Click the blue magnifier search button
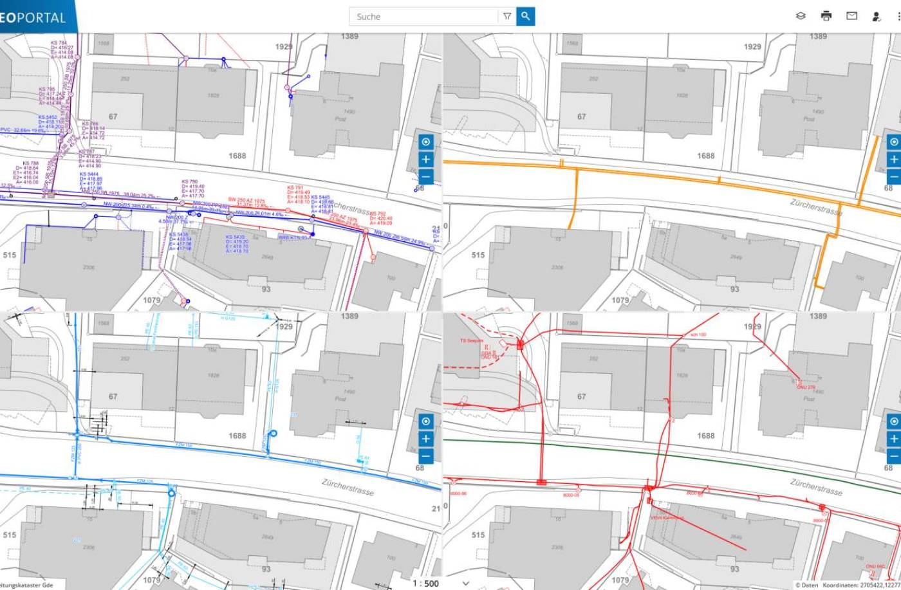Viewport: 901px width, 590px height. pos(525,16)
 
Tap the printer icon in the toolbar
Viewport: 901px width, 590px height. pos(826,16)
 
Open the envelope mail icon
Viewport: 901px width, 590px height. pos(851,16)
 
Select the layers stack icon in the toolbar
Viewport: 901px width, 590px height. pos(801,16)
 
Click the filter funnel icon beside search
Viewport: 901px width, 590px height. pos(507,16)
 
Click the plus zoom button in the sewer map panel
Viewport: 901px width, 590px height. pos(425,159)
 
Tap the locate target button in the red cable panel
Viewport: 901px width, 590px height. pos(893,421)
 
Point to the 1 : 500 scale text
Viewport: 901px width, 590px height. pos(425,584)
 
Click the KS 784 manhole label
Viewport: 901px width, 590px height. pos(59,43)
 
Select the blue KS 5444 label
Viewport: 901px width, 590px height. pos(89,174)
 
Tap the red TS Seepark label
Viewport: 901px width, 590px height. pos(471,341)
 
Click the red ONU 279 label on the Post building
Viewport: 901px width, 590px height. pos(806,387)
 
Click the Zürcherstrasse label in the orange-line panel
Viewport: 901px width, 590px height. pos(815,207)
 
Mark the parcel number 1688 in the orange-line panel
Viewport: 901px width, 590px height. pos(705,156)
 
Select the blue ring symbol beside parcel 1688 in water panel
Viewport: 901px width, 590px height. pos(272,434)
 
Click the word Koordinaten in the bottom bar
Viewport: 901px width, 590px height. pos(841,585)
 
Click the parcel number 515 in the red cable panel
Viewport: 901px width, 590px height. pos(478,535)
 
